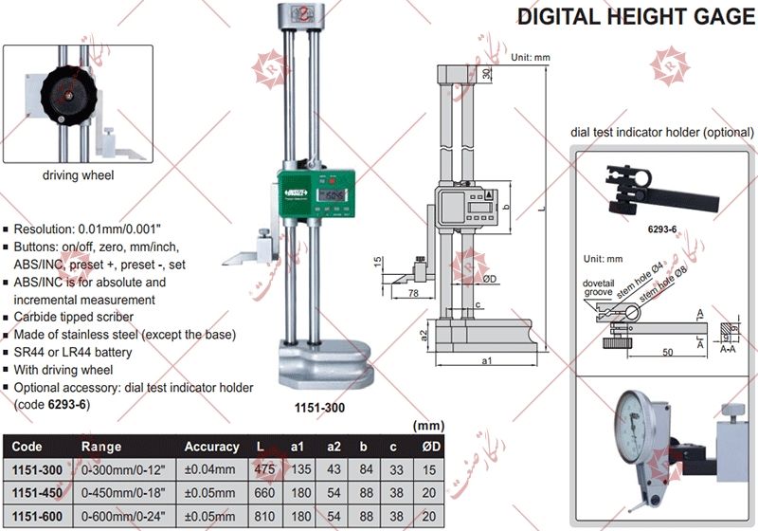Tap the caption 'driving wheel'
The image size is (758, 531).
tap(79, 175)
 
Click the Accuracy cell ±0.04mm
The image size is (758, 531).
tap(210, 468)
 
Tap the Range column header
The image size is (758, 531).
tap(100, 447)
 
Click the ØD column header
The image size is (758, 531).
tap(429, 447)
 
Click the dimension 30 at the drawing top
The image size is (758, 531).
tap(485, 74)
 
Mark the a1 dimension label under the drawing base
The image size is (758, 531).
tap(486, 361)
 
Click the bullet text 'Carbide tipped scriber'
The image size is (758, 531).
tap(74, 317)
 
